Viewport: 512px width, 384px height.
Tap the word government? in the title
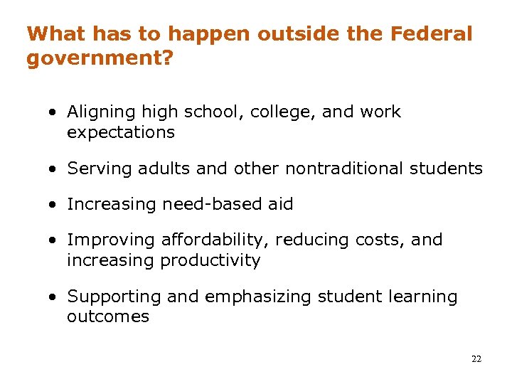point(100,58)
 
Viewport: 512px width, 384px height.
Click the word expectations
point(120,132)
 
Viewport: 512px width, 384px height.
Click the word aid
point(280,204)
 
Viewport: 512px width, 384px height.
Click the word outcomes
point(107,316)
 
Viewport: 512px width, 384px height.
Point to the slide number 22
point(476,359)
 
